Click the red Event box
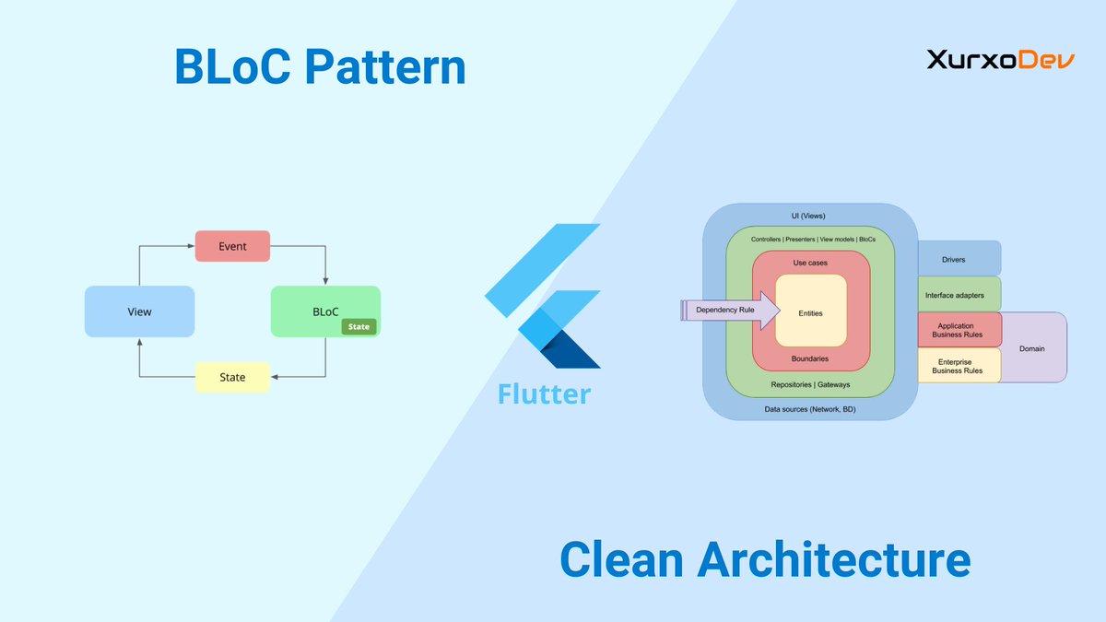pos(232,246)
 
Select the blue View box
pos(139,311)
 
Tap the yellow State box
pos(232,377)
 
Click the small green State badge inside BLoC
pos(359,326)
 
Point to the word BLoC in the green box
pos(325,311)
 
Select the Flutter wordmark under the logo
pos(544,393)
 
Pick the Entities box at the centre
pos(811,313)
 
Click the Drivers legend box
pos(959,259)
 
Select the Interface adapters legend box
pos(959,295)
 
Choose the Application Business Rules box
pos(959,330)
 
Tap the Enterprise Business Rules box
pos(959,365)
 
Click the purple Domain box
pos(1032,348)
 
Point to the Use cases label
pos(811,263)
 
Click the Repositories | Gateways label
pos(810,384)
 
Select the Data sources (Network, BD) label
pos(810,408)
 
